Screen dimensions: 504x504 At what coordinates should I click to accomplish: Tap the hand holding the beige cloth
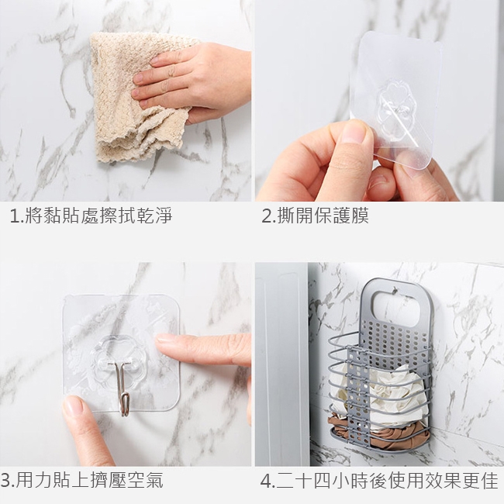pyautogui.click(x=193, y=81)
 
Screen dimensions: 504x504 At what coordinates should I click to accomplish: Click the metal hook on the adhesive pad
pyautogui.click(x=123, y=388)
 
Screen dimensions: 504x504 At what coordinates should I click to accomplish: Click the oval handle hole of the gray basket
pyautogui.click(x=397, y=309)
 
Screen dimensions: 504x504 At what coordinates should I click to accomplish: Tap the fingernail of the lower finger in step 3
pyautogui.click(x=73, y=406)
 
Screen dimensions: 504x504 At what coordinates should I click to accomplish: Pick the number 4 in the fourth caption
pyautogui.click(x=266, y=482)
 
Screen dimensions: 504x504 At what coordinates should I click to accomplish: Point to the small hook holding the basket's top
pyautogui.click(x=395, y=292)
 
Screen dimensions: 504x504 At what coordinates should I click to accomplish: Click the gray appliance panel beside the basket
pyautogui.click(x=281, y=363)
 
